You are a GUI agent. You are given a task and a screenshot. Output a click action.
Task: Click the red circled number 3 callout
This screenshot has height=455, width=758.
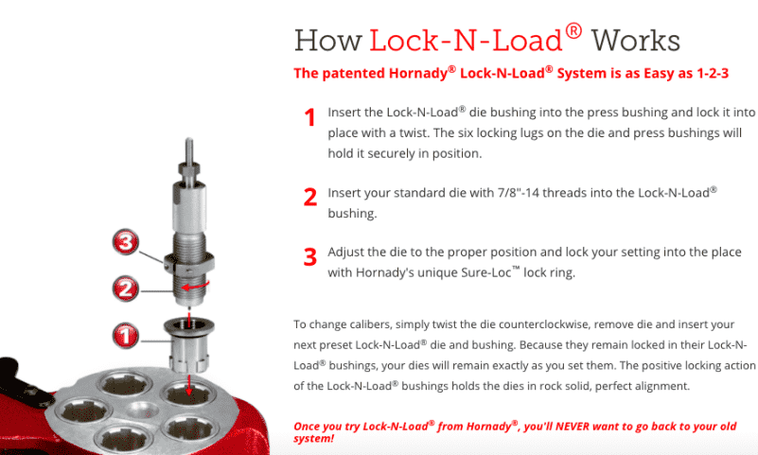(126, 242)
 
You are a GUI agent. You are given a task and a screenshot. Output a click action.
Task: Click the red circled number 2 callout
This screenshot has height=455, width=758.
(126, 289)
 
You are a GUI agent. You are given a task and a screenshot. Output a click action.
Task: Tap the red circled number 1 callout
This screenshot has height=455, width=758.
(126, 335)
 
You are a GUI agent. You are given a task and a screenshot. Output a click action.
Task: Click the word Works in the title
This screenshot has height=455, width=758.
(636, 41)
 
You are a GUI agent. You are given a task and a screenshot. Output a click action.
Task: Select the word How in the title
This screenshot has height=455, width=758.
(327, 41)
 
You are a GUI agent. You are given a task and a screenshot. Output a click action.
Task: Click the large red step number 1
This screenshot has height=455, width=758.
(309, 117)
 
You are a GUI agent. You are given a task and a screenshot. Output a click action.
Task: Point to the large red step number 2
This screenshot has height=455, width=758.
(309, 197)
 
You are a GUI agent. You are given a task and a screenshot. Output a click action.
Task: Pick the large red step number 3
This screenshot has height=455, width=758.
(309, 256)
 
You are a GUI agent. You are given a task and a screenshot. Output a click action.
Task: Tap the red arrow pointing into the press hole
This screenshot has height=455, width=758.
(188, 385)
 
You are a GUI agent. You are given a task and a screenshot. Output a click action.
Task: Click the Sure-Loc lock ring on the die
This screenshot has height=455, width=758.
(188, 262)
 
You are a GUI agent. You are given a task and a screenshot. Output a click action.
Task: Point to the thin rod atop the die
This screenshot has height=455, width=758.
(189, 150)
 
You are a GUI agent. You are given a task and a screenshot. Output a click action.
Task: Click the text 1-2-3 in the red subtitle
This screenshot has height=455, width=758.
(712, 74)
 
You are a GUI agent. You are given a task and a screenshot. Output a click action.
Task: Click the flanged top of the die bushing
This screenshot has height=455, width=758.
(189, 325)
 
